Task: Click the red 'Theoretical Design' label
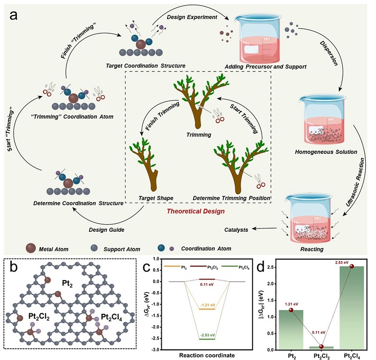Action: pos(196,211)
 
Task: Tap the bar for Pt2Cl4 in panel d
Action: pos(351,308)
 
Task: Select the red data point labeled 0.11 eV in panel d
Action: pos(321,347)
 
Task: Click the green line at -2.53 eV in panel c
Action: pos(207,339)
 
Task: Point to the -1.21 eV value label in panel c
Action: pos(208,305)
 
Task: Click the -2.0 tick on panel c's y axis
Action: pos(156,327)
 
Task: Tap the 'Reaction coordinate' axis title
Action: pos(207,355)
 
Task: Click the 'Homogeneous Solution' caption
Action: pos(326,152)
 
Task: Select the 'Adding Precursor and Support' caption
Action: pos(265,67)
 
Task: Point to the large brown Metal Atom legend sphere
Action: pos(31,248)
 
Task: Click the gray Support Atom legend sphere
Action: pos(94,248)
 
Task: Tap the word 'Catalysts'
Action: pos(236,230)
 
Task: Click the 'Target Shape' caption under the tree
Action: pos(156,199)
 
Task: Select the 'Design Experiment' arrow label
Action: pos(192,17)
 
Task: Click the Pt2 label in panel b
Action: pos(67,284)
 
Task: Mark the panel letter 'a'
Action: pos(13,16)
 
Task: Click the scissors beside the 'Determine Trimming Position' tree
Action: pos(259,181)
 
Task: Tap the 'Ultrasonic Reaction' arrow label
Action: pos(355,182)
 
